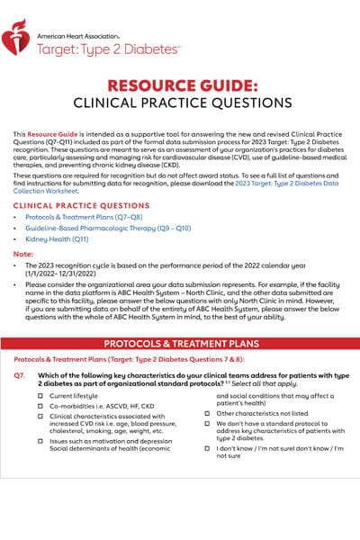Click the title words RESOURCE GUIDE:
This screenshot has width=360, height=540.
181,87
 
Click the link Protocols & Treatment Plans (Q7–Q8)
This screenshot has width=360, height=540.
77,219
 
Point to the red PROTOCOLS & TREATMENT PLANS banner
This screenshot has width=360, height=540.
180,344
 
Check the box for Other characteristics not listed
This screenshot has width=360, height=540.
208,413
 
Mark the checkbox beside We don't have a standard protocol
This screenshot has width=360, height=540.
208,424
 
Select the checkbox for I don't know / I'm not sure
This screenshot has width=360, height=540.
208,448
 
